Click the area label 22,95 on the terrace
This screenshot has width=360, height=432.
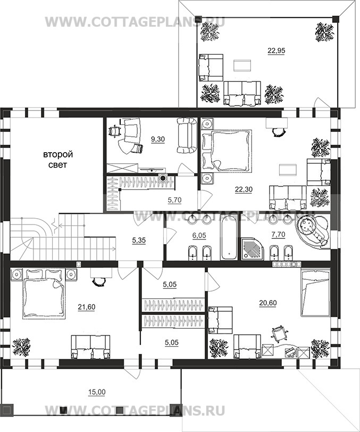277,51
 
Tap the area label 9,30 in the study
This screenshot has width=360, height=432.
158,139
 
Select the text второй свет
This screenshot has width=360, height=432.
58,159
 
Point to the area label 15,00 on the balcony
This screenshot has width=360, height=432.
97,392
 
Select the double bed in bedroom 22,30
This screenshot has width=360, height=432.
231,151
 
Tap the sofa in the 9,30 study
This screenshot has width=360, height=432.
186,135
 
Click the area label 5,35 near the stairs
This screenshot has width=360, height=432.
139,240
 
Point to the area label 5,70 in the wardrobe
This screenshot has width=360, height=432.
174,200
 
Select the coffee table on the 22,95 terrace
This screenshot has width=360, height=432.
242,65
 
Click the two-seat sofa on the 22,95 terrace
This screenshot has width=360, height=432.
242,93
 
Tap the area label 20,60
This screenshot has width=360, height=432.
268,303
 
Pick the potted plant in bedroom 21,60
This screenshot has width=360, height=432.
21,347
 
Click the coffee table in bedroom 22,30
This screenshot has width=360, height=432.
288,170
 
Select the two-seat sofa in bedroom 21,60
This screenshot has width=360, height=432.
90,347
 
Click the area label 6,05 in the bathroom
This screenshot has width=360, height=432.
199,236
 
